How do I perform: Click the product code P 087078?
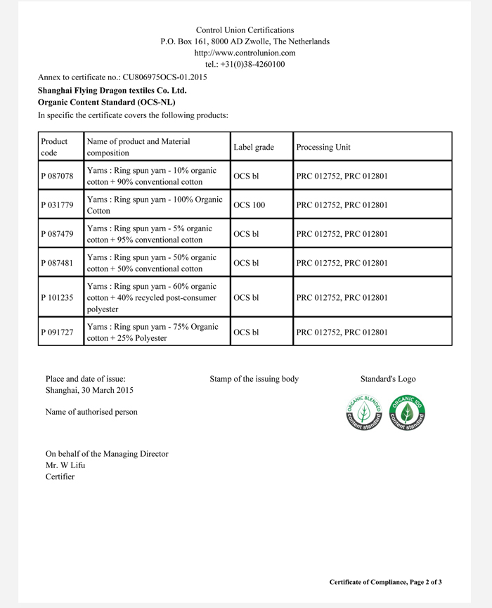[58, 176]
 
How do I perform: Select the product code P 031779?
[58, 205]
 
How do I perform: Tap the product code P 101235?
[58, 297]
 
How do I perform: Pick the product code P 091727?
[58, 332]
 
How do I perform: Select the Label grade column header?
[253, 147]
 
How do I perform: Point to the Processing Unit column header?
[323, 147]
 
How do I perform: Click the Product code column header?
[55, 147]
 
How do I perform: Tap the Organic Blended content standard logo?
[364, 413]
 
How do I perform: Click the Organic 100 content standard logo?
[409, 413]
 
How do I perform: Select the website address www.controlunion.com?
[245, 53]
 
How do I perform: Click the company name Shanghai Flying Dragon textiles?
[112, 90]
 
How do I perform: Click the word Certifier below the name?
[60, 477]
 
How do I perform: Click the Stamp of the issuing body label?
[254, 379]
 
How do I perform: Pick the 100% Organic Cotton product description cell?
[155, 205]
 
